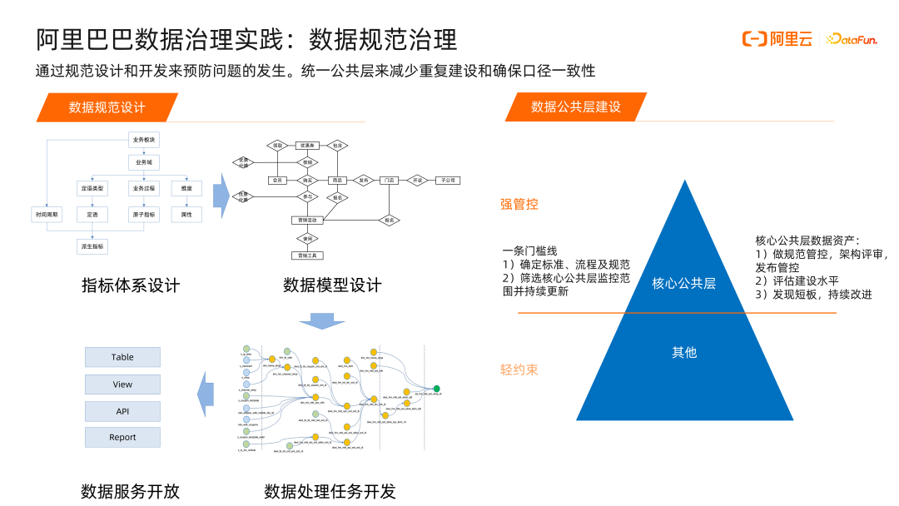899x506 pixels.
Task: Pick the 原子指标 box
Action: pyautogui.click(x=143, y=214)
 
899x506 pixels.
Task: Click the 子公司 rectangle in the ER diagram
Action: pyautogui.click(x=448, y=180)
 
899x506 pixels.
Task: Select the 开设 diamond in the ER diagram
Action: pyautogui.click(x=418, y=180)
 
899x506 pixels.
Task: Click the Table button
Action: pyautogui.click(x=122, y=357)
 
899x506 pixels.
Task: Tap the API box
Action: pyautogui.click(x=122, y=410)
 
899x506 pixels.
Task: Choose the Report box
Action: pyautogui.click(x=122, y=437)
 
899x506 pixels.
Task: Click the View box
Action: pyautogui.click(x=122, y=384)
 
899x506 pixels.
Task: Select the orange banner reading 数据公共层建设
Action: pyautogui.click(x=575, y=107)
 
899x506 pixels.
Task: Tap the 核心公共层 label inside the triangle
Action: pyautogui.click(x=683, y=284)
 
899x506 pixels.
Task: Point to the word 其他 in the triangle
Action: pyautogui.click(x=683, y=352)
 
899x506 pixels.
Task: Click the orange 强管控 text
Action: pyautogui.click(x=519, y=204)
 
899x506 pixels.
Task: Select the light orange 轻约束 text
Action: pyautogui.click(x=519, y=370)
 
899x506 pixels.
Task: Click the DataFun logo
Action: pyautogui.click(x=857, y=39)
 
